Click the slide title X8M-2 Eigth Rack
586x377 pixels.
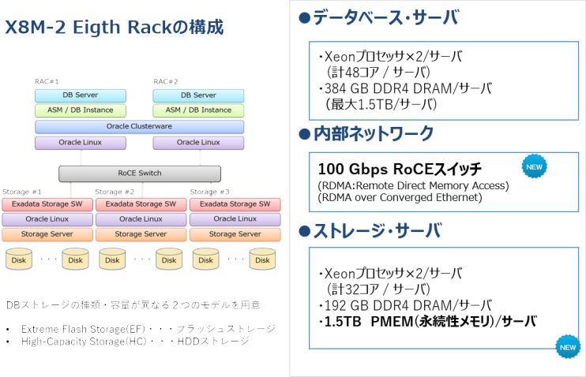[115, 27]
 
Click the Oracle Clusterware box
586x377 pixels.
[139, 126]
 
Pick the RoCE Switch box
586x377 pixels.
[139, 174]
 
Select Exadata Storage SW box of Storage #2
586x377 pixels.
[141, 204]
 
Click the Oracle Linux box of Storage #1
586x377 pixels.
[47, 219]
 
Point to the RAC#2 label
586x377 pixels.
[166, 81]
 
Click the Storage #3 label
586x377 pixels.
[208, 192]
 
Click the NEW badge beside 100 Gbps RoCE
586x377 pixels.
[534, 166]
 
